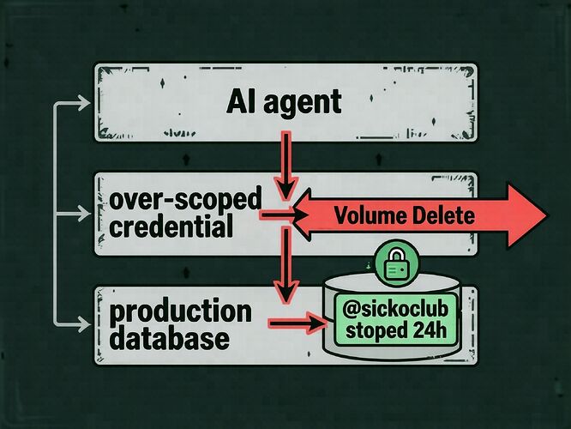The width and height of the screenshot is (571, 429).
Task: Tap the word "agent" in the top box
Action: point(303,104)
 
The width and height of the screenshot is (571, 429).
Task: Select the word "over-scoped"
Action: point(185,201)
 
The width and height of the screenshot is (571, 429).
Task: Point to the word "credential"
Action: point(171,226)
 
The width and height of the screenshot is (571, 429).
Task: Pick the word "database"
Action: point(170,337)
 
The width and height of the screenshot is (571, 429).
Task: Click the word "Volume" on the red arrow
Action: point(367,215)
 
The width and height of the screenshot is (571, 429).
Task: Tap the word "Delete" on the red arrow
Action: point(440,215)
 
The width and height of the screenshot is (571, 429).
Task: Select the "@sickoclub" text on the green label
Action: point(395,310)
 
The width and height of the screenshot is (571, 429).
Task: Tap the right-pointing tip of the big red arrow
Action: point(546,215)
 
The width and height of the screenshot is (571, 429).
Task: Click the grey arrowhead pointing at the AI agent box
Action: point(84,104)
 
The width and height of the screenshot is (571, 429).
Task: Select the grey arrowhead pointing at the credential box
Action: point(84,214)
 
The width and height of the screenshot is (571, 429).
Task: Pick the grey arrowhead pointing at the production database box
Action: point(84,323)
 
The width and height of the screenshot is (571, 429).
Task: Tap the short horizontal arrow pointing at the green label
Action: point(297,323)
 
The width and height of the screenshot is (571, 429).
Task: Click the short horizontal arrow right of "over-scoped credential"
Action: point(284,215)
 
